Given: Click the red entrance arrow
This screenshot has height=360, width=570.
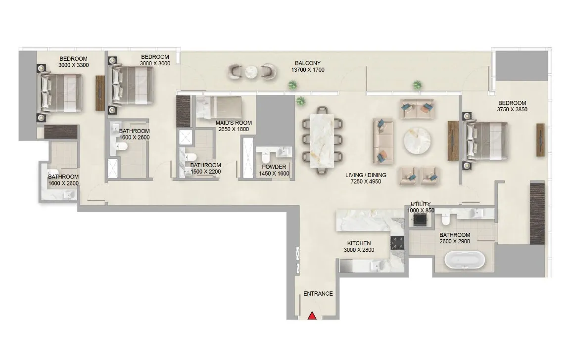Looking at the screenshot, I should (x=312, y=315).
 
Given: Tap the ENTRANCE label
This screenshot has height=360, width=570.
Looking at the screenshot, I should (x=318, y=294).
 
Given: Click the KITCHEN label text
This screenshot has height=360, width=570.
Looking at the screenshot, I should (x=359, y=243).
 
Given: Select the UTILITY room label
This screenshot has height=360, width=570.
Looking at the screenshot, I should (x=421, y=204).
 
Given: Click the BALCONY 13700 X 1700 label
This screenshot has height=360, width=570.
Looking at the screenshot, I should (x=308, y=67).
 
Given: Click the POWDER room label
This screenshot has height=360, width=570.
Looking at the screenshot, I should (x=274, y=167).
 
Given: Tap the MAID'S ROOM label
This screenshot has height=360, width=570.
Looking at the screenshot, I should (x=234, y=123).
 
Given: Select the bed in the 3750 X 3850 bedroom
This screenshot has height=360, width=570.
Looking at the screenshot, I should (x=485, y=141).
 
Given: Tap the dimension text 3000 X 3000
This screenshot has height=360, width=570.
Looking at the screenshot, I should (x=155, y=63).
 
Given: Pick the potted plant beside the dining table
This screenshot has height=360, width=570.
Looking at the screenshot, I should (x=300, y=101).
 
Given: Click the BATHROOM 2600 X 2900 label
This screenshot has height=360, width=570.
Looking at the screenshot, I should (x=454, y=238).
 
